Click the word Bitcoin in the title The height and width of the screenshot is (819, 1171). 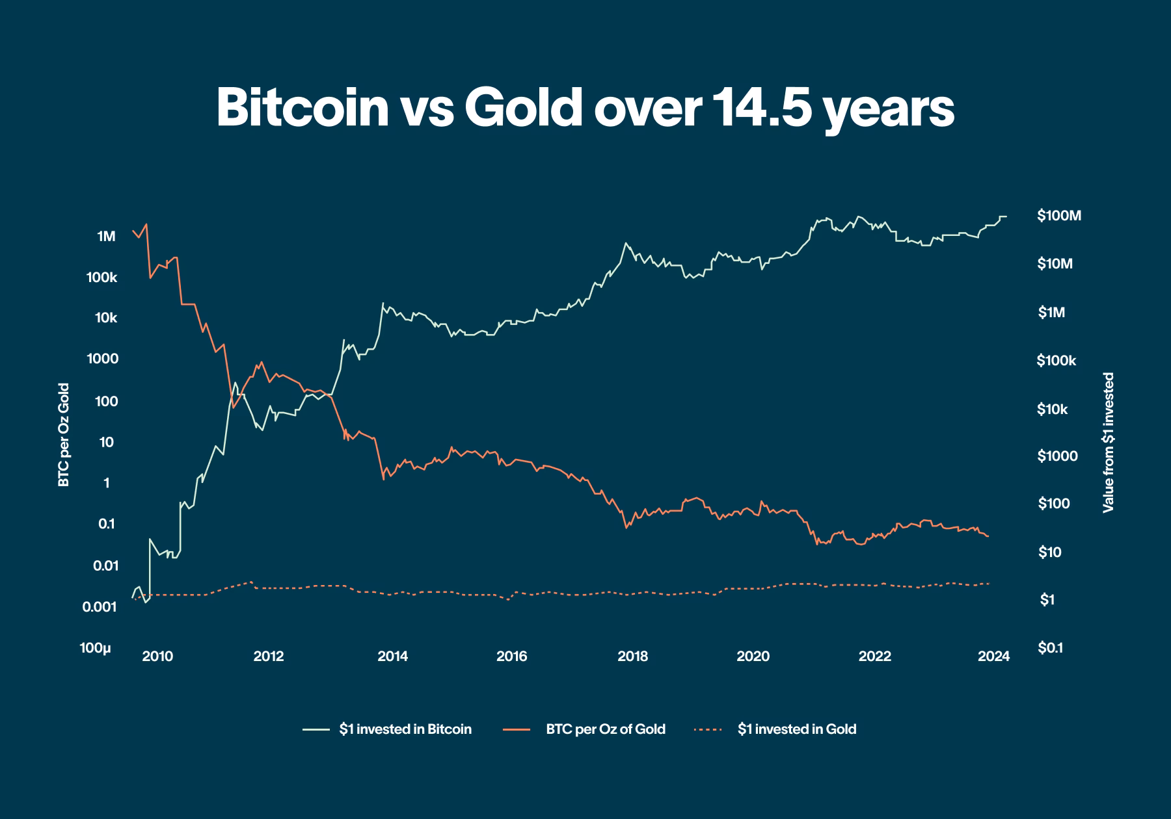coord(303,107)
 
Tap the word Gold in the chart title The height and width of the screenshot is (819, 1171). coord(523,107)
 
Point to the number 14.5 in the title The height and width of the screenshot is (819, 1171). coord(761,107)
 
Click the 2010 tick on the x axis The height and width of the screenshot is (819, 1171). coord(157,656)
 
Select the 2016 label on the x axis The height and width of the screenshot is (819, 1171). coord(511,656)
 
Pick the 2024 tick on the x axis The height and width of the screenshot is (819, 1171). coord(993,656)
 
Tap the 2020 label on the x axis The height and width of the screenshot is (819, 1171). coord(753,656)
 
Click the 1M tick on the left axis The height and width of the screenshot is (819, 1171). coord(106,237)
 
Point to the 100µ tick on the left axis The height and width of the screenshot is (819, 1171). coord(96,648)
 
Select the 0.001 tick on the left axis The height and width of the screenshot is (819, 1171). coord(100,607)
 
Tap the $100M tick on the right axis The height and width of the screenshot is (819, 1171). coord(1059,216)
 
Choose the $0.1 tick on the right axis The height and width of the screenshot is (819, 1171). coord(1050,648)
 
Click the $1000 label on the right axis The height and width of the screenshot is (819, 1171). coord(1057,456)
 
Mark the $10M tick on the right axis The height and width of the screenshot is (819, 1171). coord(1055,264)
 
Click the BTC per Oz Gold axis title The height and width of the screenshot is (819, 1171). coord(64,435)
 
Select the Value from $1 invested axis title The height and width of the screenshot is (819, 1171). coord(1109,443)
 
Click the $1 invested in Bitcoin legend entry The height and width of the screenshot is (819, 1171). coord(405,729)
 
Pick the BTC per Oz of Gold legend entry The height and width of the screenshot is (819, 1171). coord(605,729)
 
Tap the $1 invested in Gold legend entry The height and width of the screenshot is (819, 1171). coord(796,729)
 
